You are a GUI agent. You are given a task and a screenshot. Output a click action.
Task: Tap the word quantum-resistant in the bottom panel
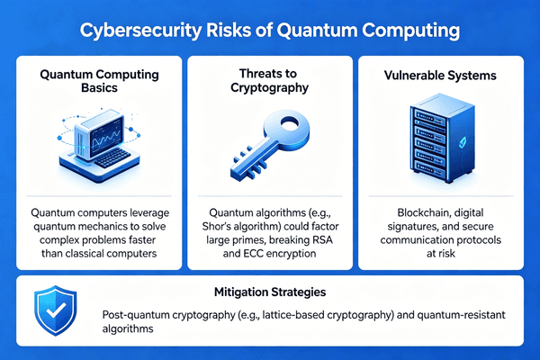pos(446,317)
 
